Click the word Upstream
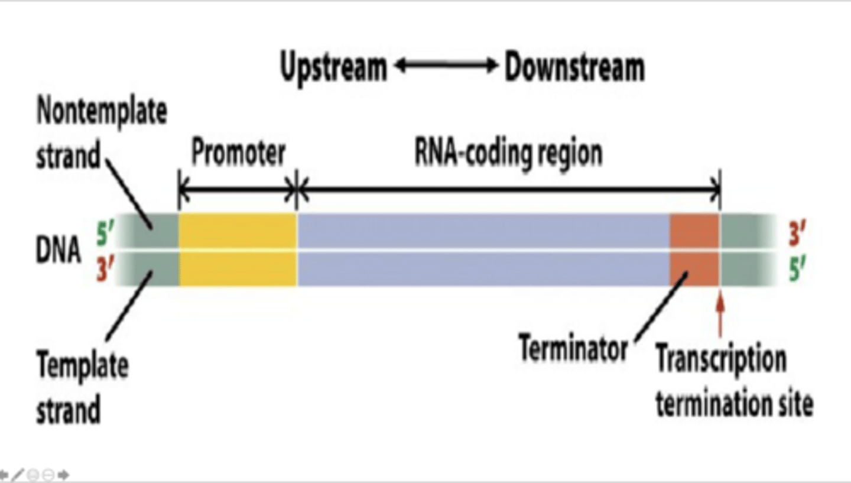[333, 68]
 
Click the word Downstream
[574, 68]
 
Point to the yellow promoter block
[238, 249]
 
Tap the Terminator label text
[573, 349]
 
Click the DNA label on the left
[59, 251]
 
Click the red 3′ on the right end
[798, 235]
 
